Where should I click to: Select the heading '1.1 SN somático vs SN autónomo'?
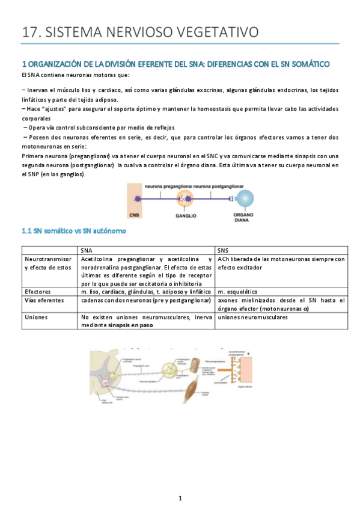74,230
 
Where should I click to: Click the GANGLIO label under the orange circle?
186,214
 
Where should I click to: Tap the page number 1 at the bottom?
180,498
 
